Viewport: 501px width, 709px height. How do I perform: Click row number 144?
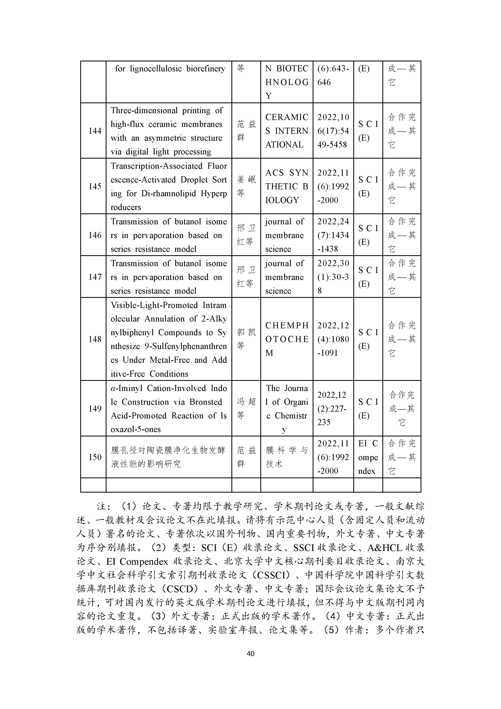pos(95,131)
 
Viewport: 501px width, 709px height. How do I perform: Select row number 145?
pos(95,186)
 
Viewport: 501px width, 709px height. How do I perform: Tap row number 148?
pos(95,339)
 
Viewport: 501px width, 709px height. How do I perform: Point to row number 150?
pos(95,457)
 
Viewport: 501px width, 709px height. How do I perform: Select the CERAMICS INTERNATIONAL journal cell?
pos(286,131)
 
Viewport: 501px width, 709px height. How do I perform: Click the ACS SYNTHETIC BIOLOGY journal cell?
pos(286,186)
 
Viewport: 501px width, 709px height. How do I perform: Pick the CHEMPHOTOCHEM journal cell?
pos(286,339)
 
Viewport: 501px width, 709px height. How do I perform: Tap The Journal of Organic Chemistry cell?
pos(286,408)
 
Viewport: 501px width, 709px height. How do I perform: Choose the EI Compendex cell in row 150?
pos(368,457)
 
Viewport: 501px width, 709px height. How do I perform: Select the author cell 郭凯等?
pos(246,339)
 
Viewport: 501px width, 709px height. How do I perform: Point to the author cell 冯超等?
pos(246,408)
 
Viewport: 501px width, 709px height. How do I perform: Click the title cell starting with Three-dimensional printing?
pos(169,131)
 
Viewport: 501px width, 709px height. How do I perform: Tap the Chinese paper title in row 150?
pos(169,457)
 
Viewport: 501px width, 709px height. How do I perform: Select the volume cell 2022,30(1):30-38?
pos(333,277)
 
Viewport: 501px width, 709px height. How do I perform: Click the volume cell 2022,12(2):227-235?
pos(333,408)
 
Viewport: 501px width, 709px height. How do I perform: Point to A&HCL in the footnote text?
pos(385,548)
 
